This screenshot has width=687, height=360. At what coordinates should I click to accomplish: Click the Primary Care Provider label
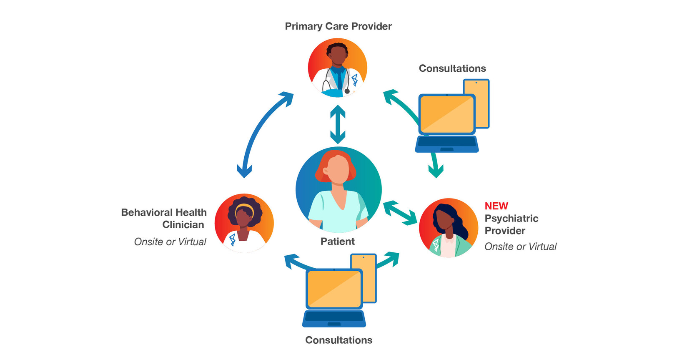pos(338,26)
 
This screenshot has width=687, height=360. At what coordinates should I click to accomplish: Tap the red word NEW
pos(496,206)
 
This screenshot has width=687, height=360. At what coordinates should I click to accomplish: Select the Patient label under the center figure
pos(338,242)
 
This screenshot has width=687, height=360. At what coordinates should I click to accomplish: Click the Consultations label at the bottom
pos(338,340)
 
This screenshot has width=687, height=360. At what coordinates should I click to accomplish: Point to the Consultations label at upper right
pos(452,68)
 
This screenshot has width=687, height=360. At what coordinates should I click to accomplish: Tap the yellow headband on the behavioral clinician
pos(244,207)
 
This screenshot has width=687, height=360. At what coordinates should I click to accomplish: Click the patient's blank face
pos(338,169)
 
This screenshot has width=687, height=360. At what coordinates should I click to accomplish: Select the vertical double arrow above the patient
pos(338,124)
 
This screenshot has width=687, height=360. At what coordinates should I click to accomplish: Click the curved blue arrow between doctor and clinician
pos(258,129)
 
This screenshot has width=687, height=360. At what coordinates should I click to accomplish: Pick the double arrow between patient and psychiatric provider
pos(400,213)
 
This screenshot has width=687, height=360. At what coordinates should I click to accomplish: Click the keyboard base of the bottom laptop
pos(334,319)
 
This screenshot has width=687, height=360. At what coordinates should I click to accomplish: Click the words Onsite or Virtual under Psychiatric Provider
pos(520,247)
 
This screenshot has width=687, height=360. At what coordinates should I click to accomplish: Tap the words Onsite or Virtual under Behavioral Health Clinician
pos(170,242)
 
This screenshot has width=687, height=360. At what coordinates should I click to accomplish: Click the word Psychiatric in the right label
pos(511,219)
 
